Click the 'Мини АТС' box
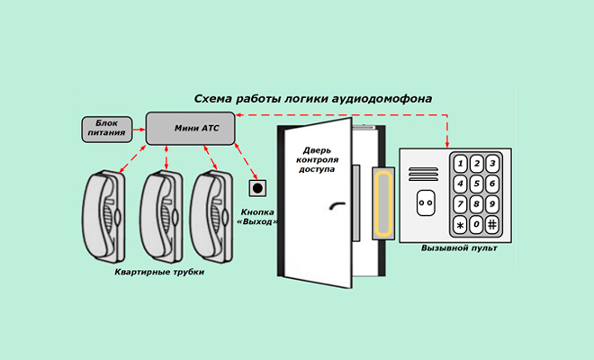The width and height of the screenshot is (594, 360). (190, 129)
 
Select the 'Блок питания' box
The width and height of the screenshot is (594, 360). (106, 129)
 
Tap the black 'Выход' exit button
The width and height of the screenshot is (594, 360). (258, 189)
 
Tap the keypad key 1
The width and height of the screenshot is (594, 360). (461, 164)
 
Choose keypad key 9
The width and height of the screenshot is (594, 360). (492, 203)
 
